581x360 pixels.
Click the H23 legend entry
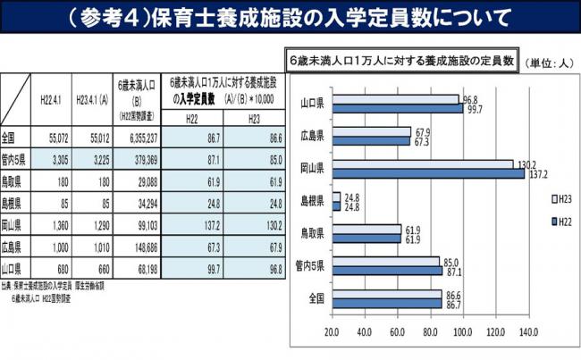click(544, 198)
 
